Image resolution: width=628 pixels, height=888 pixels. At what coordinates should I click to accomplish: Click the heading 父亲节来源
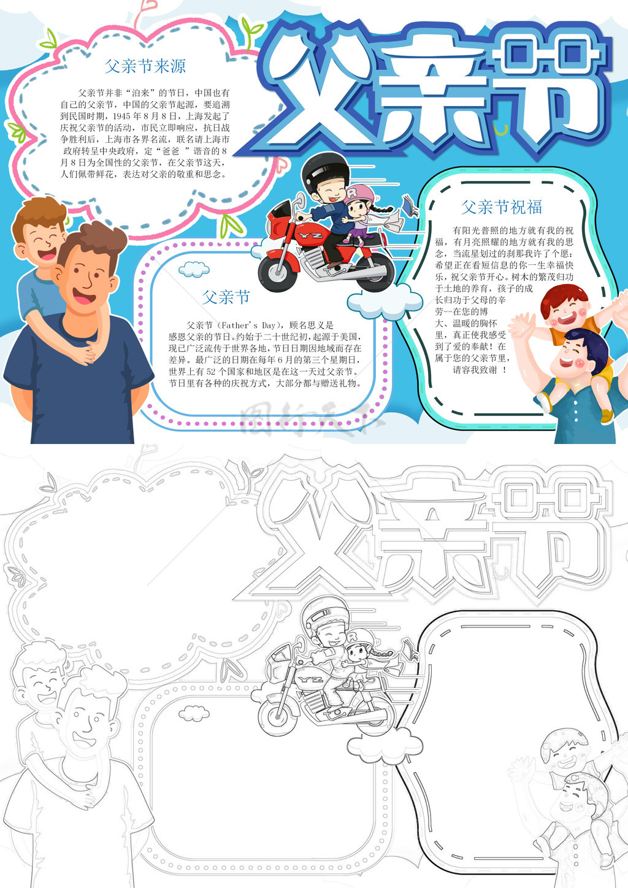(145, 66)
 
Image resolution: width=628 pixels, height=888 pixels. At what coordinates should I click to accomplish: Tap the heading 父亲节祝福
(501, 207)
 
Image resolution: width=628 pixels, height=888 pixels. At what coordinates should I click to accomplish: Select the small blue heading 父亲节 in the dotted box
(226, 297)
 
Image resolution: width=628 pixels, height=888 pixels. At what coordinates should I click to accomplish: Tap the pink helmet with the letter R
(359, 194)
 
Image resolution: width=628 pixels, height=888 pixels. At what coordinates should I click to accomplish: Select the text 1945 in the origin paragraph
(123, 117)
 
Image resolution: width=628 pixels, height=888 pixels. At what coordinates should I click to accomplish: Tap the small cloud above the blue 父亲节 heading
(194, 269)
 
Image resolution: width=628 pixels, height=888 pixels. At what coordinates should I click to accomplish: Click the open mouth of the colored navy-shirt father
(83, 296)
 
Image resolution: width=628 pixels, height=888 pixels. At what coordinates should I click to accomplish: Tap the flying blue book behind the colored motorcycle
(410, 205)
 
